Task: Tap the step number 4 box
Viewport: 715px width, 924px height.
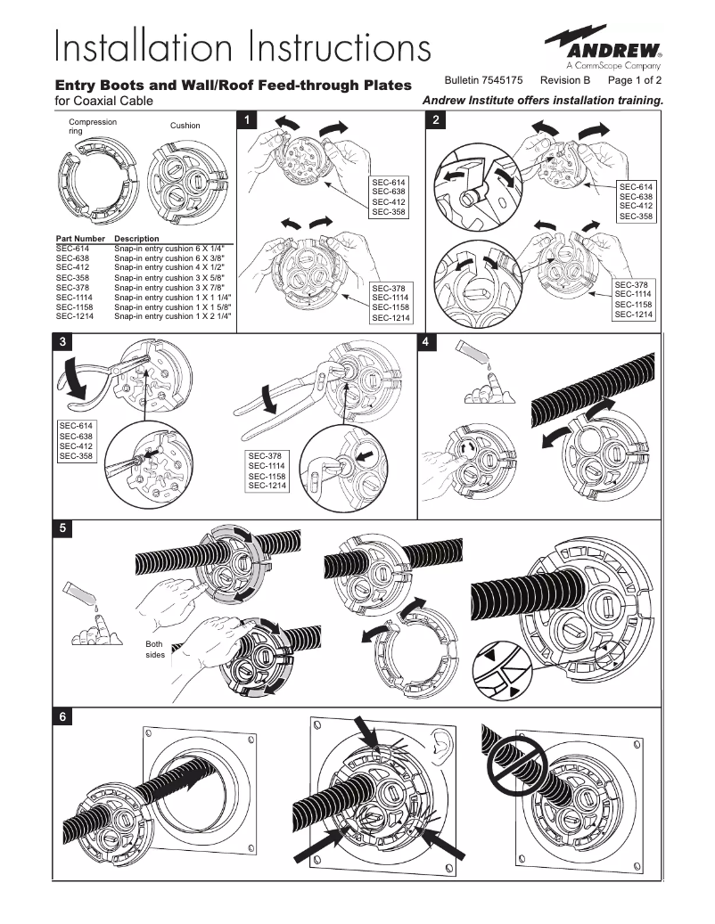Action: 426,342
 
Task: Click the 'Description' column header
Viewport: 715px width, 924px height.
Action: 136,239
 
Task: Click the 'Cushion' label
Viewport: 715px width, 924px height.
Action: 185,126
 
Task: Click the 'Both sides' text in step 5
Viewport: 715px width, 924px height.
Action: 155,650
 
